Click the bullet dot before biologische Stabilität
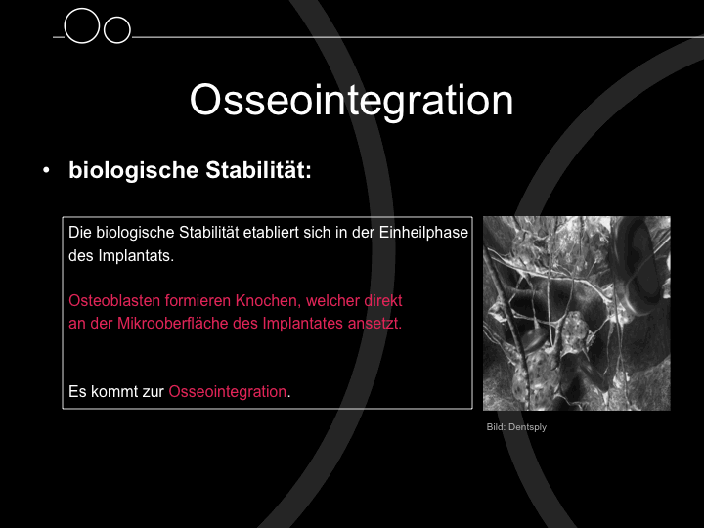46,170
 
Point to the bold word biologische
133,170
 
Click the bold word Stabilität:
258,170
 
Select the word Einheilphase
423,232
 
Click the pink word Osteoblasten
114,300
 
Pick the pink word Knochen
269,301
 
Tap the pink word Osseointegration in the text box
228,391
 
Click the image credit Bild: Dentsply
516,427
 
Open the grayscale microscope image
577,314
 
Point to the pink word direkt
383,300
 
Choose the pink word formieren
198,300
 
